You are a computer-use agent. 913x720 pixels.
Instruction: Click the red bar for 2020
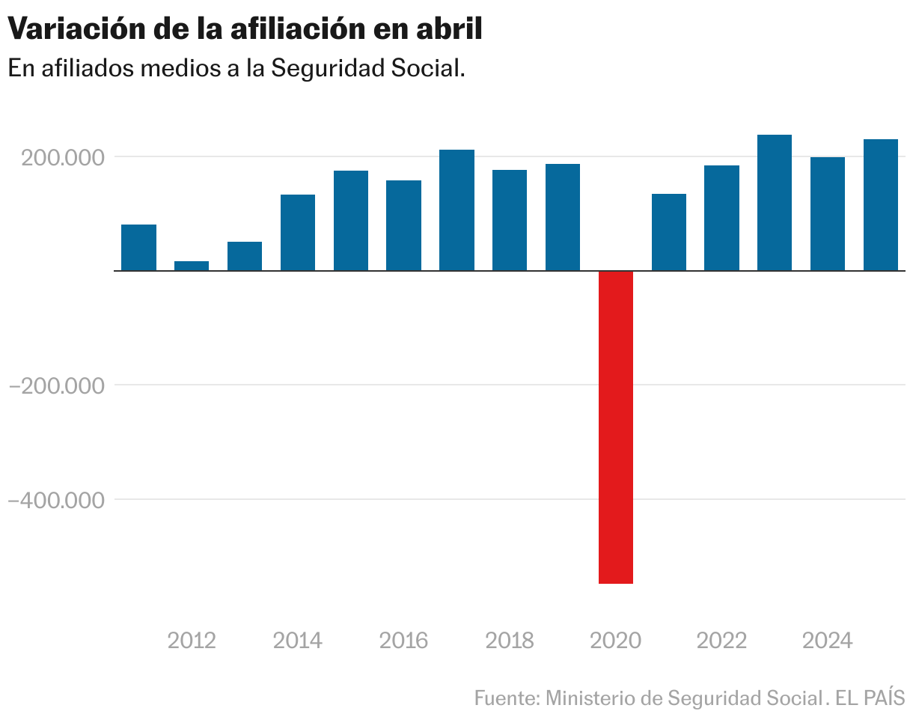coord(616,427)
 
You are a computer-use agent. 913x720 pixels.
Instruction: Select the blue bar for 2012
coord(192,266)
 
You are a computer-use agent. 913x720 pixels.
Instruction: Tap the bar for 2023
coord(775,203)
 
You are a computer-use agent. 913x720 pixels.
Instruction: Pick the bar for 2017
coord(456,210)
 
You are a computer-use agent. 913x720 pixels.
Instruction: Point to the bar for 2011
coord(138,248)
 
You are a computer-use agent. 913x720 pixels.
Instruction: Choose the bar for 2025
coord(881,205)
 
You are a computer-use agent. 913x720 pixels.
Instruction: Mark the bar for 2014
coord(298,233)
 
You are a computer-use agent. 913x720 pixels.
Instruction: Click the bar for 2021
coord(669,232)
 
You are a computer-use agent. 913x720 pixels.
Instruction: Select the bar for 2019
coord(563,217)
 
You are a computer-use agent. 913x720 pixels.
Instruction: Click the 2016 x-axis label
coord(403,641)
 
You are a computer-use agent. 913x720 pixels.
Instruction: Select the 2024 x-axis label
coord(827,641)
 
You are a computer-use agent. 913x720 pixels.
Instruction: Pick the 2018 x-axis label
coord(510,641)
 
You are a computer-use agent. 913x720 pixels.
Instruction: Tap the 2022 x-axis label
coord(721,641)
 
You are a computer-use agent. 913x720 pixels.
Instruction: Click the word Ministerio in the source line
coord(592,698)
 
